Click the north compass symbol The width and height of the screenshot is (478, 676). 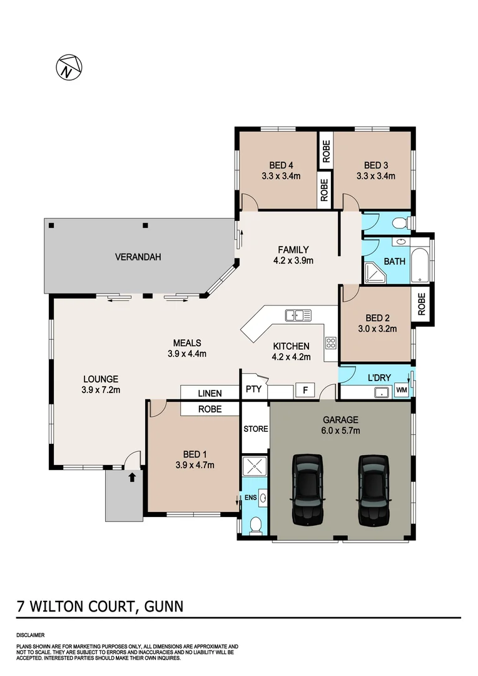pyautogui.click(x=69, y=66)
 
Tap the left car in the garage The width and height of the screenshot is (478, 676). pyautogui.click(x=307, y=489)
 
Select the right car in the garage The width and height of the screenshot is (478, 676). pyautogui.click(x=373, y=489)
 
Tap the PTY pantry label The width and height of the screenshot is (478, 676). pyautogui.click(x=253, y=389)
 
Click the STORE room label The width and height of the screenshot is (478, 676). pyautogui.click(x=255, y=429)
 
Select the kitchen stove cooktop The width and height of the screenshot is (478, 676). pyautogui.click(x=330, y=343)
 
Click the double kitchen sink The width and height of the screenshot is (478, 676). pyautogui.click(x=298, y=315)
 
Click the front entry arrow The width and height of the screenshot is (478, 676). pyautogui.click(x=132, y=478)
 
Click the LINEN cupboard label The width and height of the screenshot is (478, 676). pyautogui.click(x=210, y=394)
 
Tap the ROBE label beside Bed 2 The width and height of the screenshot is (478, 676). pyautogui.click(x=422, y=304)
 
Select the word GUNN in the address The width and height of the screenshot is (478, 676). pyautogui.click(x=163, y=607)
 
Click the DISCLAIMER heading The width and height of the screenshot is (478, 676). pyautogui.click(x=30, y=635)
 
